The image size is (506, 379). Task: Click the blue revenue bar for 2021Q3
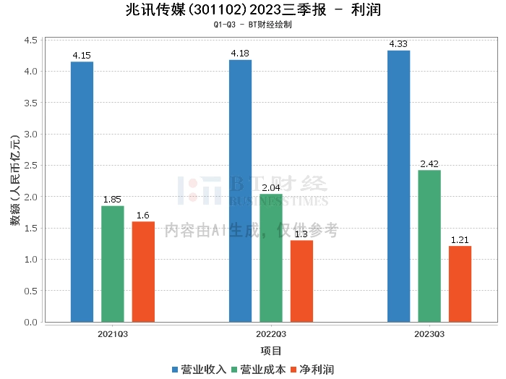coord(82,192)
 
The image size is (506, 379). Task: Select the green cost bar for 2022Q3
coord(271,258)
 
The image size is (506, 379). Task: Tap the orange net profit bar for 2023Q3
coord(460,284)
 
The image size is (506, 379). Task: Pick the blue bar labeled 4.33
coord(398,187)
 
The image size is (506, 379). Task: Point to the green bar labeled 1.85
coord(113,264)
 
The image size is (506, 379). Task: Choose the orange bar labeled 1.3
coord(301,281)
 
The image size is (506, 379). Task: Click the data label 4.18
coord(240,54)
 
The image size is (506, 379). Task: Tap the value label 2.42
coord(429,163)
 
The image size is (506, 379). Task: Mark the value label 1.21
coord(460,240)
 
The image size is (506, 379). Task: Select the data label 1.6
coord(143,216)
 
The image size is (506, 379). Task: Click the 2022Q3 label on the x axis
coord(271,334)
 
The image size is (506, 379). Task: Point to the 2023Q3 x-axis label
coord(429,334)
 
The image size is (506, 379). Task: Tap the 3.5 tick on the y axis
coord(30,103)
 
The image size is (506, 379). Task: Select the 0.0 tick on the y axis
coord(30,322)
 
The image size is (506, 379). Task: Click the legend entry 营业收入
coord(200,370)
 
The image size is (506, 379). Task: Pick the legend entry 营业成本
coord(259,370)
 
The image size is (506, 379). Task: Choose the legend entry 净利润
coord(313,370)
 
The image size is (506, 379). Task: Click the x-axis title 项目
coord(271,351)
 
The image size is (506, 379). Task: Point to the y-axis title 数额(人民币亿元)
coord(15,180)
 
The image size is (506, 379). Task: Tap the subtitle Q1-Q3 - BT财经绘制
coord(253,25)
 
